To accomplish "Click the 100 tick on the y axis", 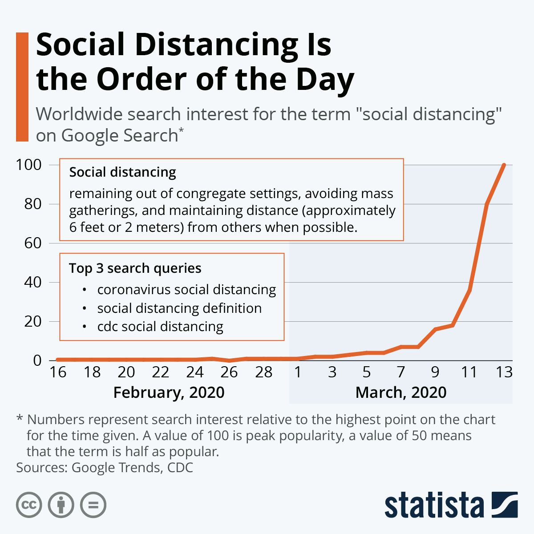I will pos(29,165).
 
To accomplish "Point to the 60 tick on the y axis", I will pos(29,243).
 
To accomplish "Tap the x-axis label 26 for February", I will pos(229,372).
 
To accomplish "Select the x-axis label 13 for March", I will pos(504,372).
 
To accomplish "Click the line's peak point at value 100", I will pos(504,165).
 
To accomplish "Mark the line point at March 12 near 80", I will pos(487,204).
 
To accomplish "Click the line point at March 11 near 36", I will pos(469,290).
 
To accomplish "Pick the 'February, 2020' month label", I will pos(169,392).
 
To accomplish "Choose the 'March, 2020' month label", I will pos(401,392).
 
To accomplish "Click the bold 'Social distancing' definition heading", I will pos(122,172).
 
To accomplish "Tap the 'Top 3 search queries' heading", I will pos(135,268).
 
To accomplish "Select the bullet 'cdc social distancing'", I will pos(160,327).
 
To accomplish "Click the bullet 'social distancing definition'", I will pos(179,308).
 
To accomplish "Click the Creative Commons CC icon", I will pos(29,505).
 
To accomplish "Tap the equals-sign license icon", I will pos(93,505).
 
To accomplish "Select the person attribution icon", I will pos(61,505).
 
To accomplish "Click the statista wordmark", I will pos(434,506).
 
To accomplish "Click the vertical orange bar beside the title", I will pos(22,87).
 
